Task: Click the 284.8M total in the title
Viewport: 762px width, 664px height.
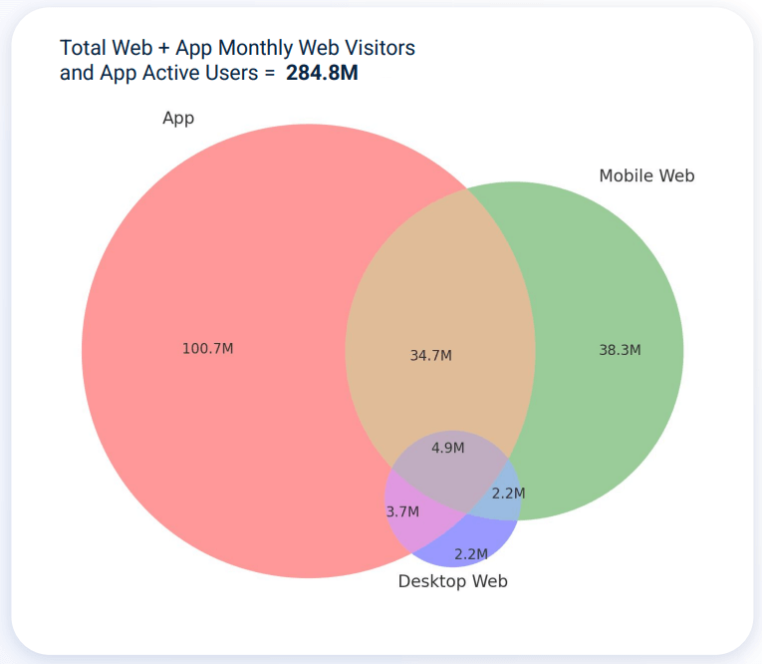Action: click(x=322, y=73)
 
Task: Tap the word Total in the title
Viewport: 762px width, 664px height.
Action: click(x=84, y=47)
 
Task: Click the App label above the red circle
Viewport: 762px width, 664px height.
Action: click(x=178, y=118)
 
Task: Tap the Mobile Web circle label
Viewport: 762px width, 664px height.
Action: click(x=646, y=175)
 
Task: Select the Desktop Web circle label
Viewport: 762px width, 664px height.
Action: click(x=453, y=581)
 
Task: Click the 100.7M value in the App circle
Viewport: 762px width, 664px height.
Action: click(x=208, y=348)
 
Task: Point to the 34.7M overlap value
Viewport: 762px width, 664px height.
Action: click(x=431, y=355)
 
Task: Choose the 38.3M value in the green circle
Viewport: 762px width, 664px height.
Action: click(x=620, y=349)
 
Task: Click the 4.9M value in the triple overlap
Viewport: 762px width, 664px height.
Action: click(x=448, y=448)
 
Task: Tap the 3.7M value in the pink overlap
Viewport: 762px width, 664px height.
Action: click(x=402, y=511)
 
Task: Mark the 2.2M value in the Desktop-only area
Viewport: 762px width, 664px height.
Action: click(x=471, y=553)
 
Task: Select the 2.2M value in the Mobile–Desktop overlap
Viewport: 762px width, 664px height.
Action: click(x=508, y=493)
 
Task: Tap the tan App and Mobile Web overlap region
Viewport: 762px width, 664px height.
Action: click(x=438, y=299)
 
